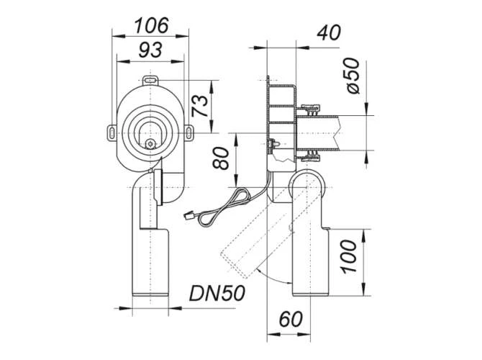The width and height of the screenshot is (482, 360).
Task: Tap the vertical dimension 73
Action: [204, 105]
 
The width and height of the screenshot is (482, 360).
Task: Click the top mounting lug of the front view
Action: [150, 79]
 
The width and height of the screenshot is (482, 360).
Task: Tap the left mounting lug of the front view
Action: [113, 132]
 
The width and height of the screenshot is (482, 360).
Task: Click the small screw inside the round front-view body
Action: [150, 143]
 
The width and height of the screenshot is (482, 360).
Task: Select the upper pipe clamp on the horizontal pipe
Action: [312, 109]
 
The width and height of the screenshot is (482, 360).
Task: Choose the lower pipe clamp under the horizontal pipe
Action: [312, 153]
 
